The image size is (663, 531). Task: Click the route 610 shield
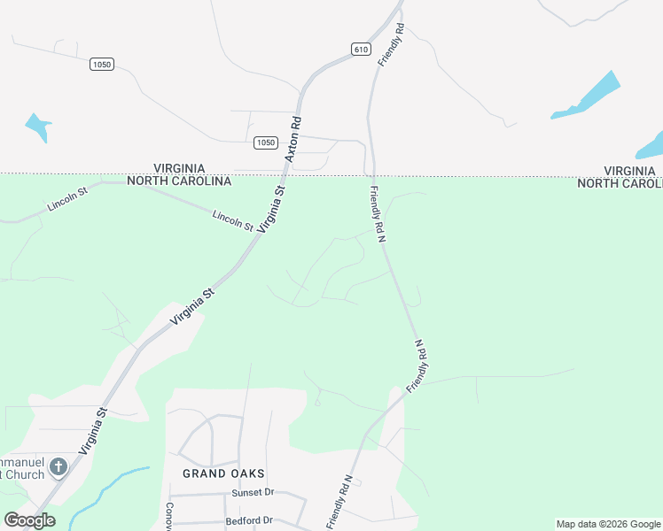coord(360,50)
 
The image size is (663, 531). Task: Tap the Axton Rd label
coord(293,139)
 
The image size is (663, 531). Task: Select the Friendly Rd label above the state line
coord(391,45)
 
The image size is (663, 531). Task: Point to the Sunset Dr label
coord(253,492)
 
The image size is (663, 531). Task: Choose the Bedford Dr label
coord(249,521)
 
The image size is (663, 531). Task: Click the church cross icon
coord(58,466)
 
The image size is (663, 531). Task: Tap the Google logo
coord(29,520)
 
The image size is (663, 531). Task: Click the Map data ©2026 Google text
coord(608,524)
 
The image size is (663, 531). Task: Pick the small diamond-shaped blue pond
coord(37,127)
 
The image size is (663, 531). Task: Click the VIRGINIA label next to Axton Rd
coord(179,168)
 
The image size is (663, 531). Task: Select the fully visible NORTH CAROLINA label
coord(179,181)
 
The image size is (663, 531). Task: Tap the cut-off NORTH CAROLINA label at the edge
coord(620,183)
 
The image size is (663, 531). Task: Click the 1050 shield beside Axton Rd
coord(266,142)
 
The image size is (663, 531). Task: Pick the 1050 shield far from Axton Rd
coord(102,65)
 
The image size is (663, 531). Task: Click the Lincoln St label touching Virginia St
coord(233,220)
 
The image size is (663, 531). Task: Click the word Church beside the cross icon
coord(26,474)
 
